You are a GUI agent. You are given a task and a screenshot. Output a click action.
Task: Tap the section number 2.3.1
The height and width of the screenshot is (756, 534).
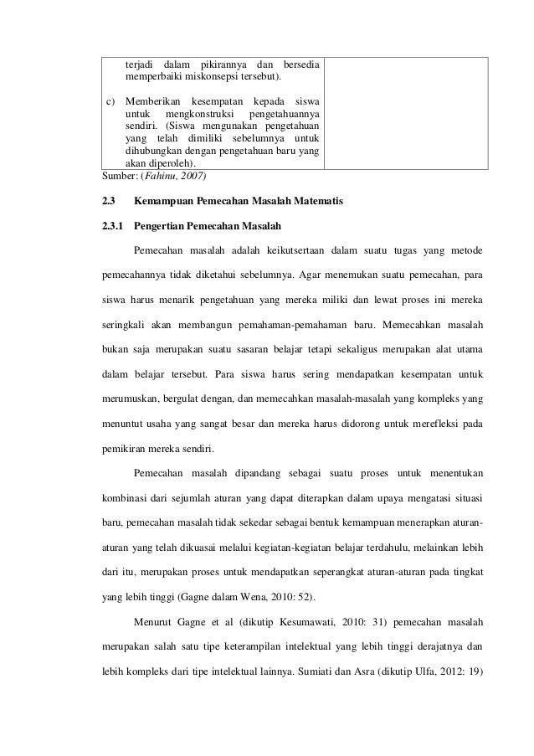(111, 226)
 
